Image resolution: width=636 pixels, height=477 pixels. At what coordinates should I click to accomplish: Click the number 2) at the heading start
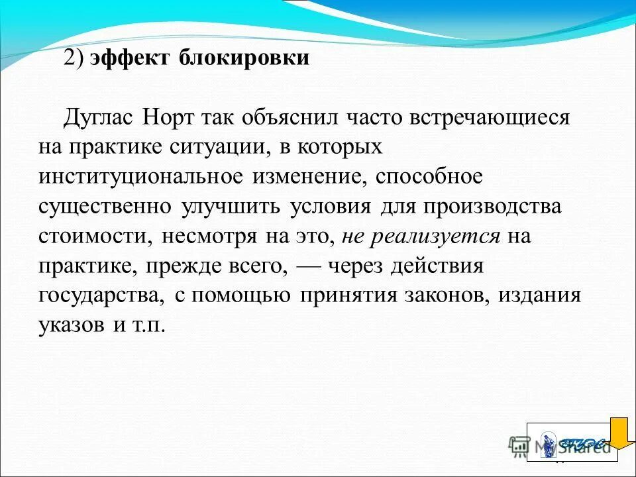(74, 58)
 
